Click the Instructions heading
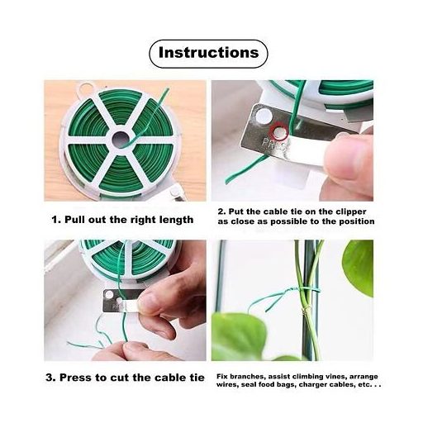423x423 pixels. pyautogui.click(x=208, y=52)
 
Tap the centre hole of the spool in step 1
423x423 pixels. pyautogui.click(x=121, y=138)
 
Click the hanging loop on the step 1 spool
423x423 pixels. pyautogui.click(x=86, y=88)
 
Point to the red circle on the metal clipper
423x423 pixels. pyautogui.click(x=279, y=132)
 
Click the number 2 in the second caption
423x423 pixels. pyautogui.click(x=221, y=211)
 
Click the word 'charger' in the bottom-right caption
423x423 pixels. pyautogui.click(x=311, y=385)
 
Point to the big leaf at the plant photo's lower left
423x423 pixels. pyautogui.click(x=239, y=337)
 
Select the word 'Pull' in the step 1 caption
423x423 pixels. pyautogui.click(x=74, y=220)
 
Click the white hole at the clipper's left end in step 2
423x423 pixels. pyautogui.click(x=264, y=116)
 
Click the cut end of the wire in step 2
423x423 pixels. pyautogui.click(x=227, y=182)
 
